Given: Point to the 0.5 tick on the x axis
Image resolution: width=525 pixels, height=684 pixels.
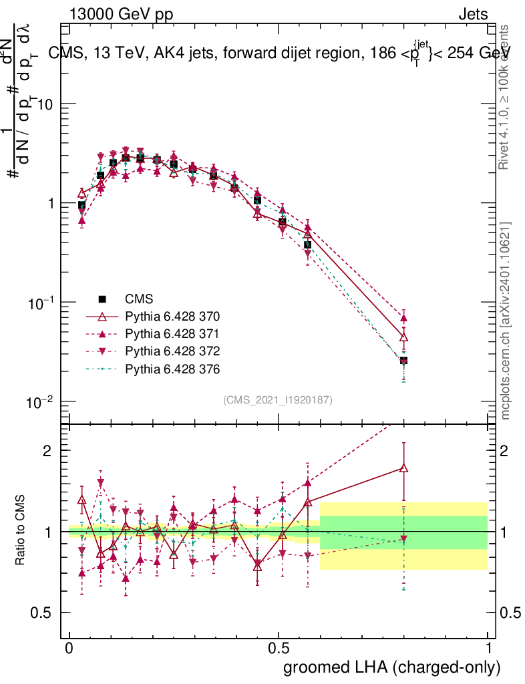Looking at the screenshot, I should (279, 649).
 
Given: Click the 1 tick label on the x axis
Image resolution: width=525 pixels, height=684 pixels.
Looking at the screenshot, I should (488, 649).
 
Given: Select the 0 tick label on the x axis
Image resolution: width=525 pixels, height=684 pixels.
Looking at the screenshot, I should (69, 649).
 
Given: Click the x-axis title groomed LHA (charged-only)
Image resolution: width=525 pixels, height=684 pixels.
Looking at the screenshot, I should (392, 667).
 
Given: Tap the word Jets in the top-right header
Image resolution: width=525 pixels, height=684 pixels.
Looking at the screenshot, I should (472, 14).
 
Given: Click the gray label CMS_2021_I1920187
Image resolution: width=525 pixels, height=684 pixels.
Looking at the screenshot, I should (278, 399).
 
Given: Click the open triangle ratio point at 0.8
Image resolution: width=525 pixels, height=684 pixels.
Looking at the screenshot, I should (403, 469).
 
